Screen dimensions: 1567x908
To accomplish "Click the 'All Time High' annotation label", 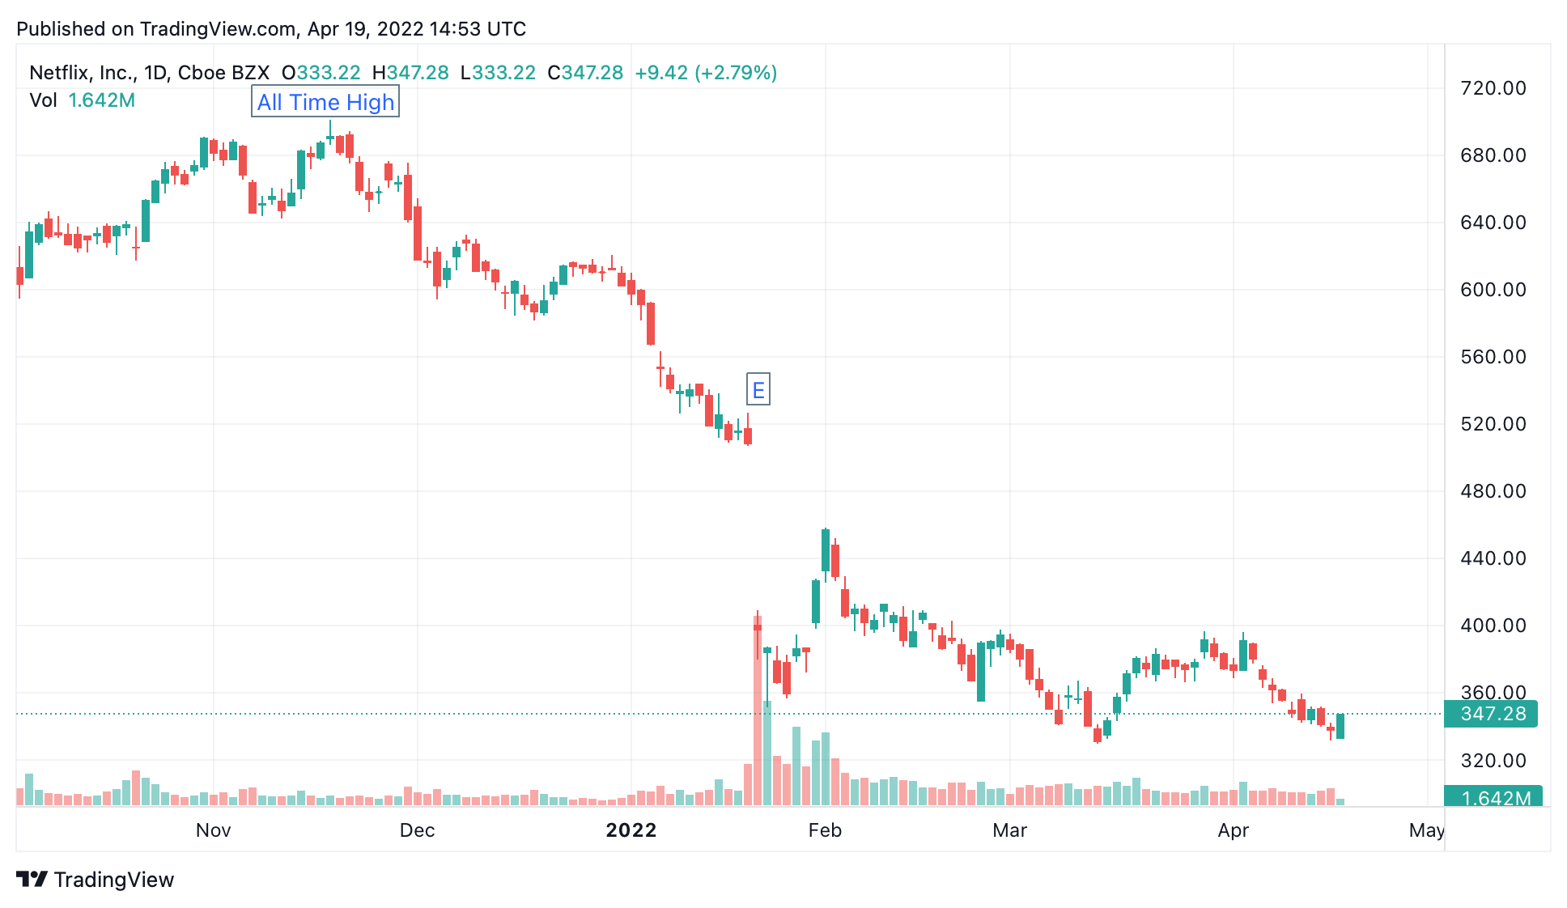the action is (325, 102).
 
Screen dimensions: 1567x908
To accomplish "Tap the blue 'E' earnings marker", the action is (758, 390).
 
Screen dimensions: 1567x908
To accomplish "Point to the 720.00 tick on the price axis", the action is (1493, 88).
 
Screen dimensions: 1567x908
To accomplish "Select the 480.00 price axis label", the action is (1493, 491).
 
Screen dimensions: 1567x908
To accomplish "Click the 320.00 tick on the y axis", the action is (1493, 760).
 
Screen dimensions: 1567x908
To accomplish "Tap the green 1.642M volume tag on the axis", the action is (1493, 797).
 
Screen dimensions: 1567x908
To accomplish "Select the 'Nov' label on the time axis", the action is (214, 830).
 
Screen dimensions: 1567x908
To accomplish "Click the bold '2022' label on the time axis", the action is (631, 830).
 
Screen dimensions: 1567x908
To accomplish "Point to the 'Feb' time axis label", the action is (825, 830).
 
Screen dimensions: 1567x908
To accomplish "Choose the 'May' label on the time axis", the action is (1426, 830).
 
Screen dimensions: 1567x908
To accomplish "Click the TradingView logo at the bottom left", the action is (96, 880).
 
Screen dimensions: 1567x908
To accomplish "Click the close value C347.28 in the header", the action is (585, 73).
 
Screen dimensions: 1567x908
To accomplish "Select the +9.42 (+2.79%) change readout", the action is (706, 73).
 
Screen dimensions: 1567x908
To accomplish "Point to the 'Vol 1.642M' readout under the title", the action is (82, 100).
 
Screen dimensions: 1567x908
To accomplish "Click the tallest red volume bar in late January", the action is (758, 710).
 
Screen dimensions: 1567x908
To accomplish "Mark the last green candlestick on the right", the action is (1340, 726).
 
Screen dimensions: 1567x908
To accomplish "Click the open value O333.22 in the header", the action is (321, 73).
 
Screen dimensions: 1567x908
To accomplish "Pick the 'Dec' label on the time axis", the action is (418, 830).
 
